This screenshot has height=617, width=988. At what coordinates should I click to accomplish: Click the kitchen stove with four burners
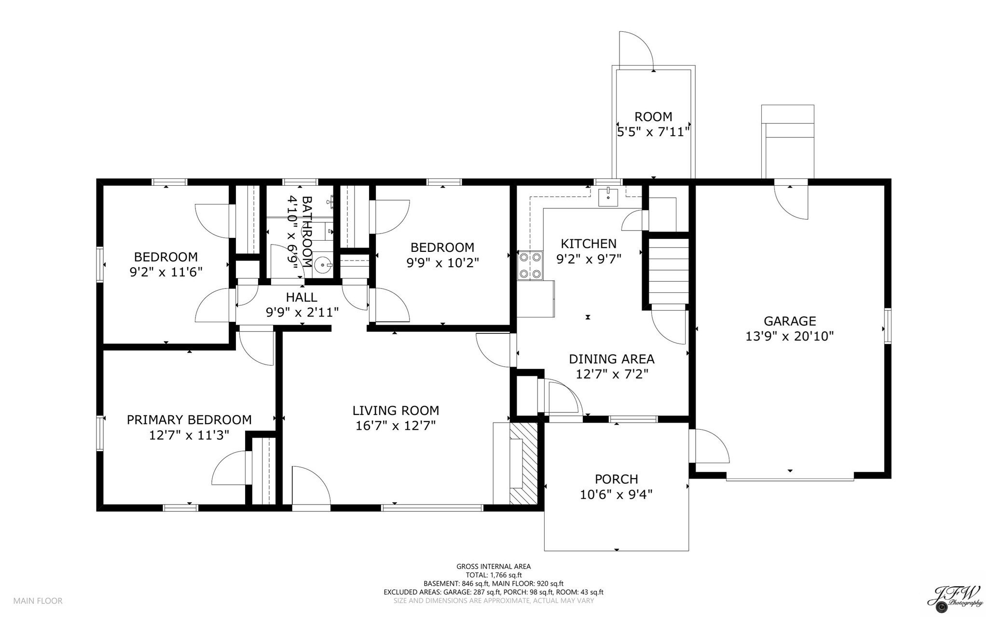coord(529,265)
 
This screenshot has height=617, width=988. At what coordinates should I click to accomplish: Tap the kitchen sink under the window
coord(608,197)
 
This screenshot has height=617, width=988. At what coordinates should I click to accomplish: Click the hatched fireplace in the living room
coord(524,464)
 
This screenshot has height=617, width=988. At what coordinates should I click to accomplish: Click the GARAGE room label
coord(790,321)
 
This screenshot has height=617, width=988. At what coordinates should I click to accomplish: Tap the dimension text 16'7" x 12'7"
coord(395,426)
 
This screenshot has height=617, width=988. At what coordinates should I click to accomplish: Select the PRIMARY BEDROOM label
coord(189,420)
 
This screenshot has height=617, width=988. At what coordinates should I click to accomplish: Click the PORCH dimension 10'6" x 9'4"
coord(616,494)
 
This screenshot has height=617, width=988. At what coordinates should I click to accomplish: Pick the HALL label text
coord(302,297)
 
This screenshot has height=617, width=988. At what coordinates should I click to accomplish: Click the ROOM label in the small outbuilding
coord(653,117)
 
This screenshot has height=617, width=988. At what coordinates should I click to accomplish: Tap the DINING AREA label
coord(611,359)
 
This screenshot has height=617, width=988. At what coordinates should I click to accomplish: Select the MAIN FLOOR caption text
coord(38,601)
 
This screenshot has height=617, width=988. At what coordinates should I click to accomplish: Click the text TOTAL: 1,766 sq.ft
coord(494,575)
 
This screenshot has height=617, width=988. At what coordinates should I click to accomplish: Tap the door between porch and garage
coord(708,446)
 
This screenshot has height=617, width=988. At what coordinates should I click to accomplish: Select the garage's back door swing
coord(791,203)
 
